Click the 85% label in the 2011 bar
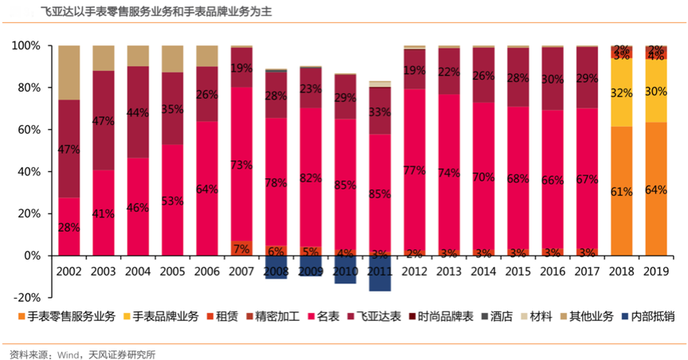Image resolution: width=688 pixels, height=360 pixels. [380, 194]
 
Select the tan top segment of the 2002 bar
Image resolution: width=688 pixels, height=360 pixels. [69, 72]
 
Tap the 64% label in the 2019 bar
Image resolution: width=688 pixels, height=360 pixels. [656, 190]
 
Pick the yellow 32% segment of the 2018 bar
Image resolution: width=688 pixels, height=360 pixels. [622, 92]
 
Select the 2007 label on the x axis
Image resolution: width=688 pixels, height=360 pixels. [241, 272]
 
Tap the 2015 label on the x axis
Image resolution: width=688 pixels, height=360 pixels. [518, 272]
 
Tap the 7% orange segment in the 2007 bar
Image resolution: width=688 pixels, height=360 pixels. [241, 248]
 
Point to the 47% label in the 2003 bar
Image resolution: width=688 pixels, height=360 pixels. [104, 121]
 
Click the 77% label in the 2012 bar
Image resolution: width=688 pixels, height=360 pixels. [414, 170]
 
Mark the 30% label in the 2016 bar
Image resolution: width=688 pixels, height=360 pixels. [553, 80]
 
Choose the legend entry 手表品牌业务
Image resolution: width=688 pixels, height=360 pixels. [166, 316]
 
